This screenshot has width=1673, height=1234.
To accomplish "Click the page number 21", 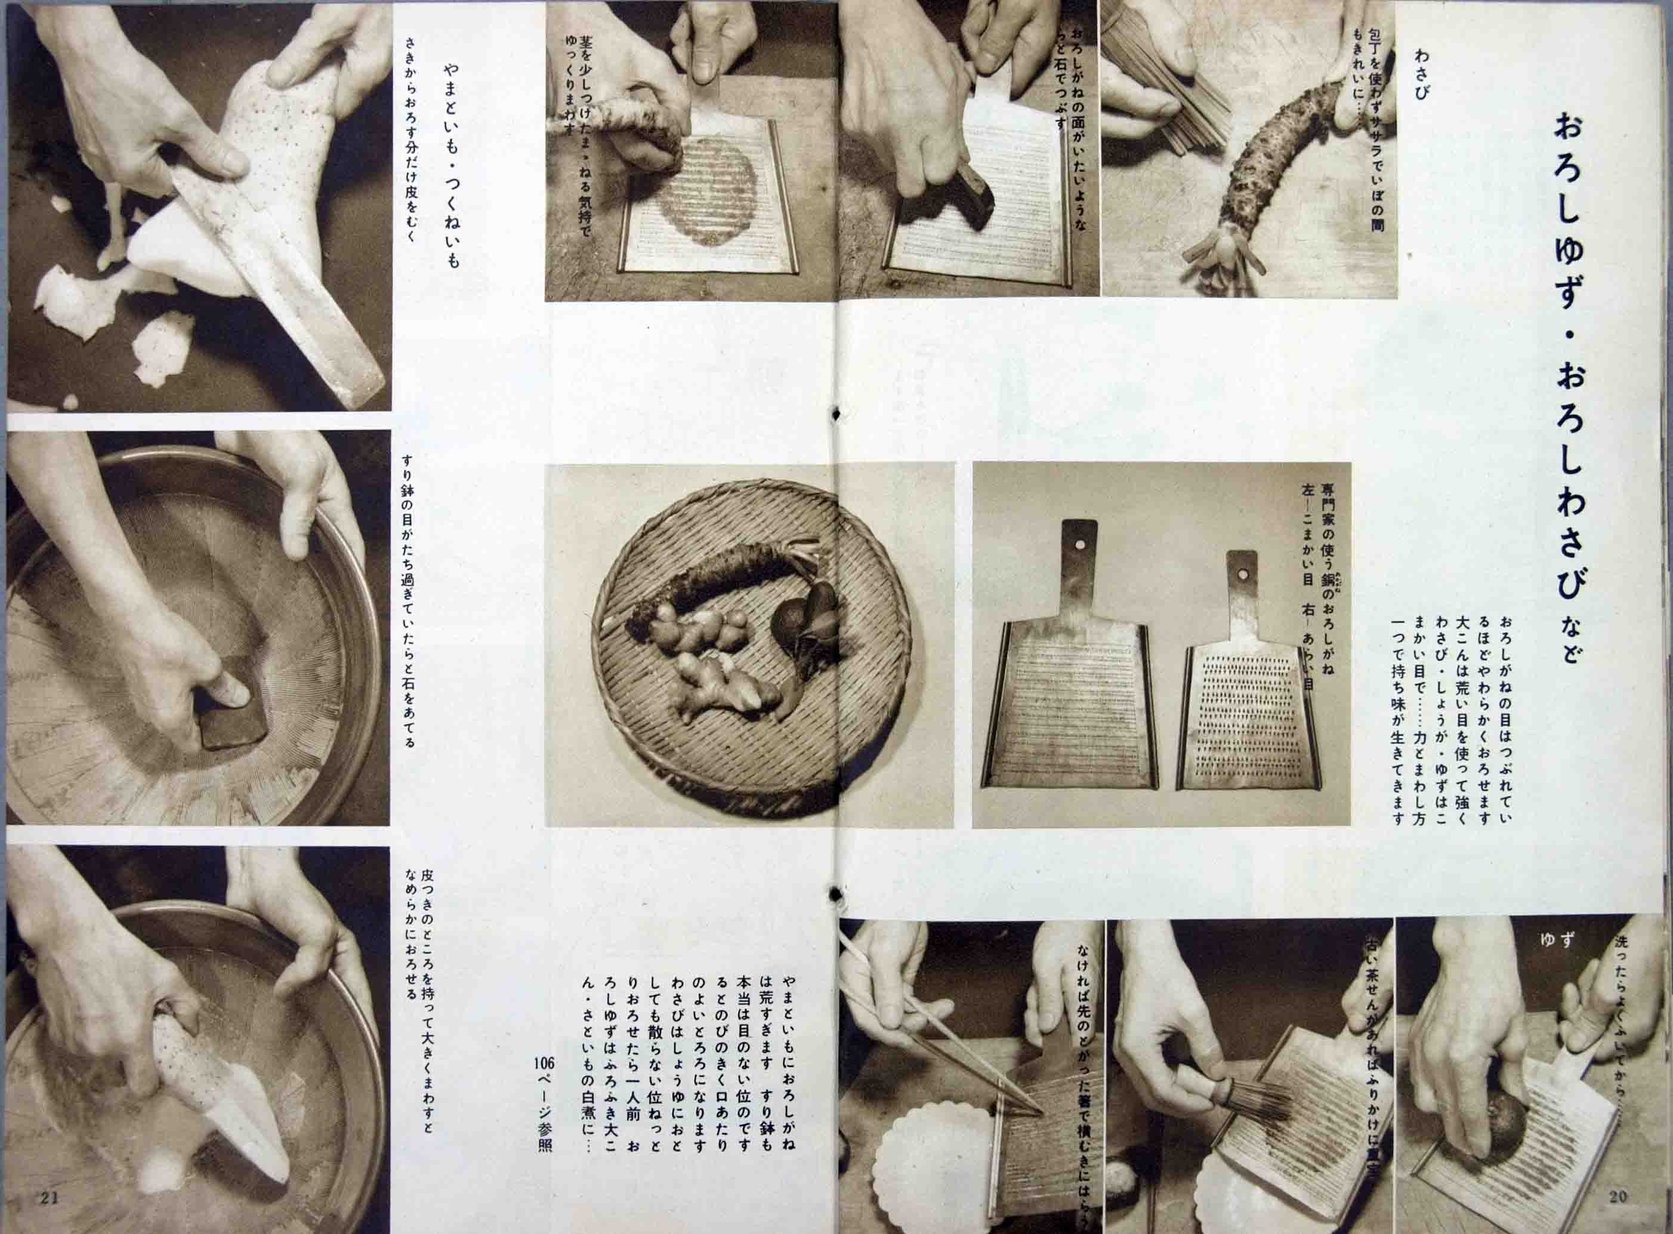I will coord(50,1218).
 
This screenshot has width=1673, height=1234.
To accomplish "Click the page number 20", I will coord(1617,1217).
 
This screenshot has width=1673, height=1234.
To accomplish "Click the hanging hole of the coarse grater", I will coord(1243,575).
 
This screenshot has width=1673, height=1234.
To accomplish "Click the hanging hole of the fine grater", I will coord(1079,545).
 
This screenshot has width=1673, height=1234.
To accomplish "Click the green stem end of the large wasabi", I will coord(1214,261).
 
